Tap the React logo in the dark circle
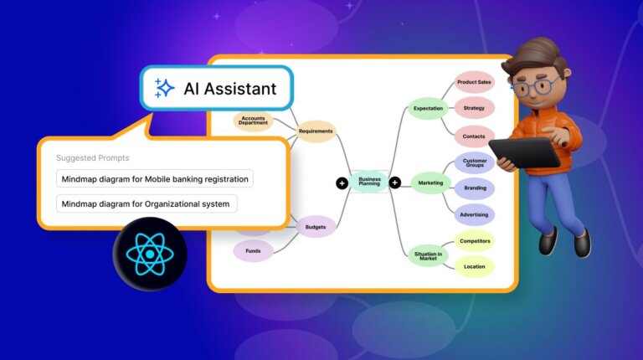coord(150,254)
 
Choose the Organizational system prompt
coord(147,203)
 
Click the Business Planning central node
coord(369,181)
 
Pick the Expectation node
coord(428,108)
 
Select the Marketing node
coord(430,183)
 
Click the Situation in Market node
coord(427,255)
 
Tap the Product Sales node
coord(474,82)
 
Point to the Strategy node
coord(474,108)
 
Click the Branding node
coord(475,189)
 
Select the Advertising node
coord(474,214)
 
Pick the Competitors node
coord(474,241)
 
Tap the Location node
coord(474,267)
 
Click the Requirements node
coord(316,131)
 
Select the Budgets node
coord(316,226)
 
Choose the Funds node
coord(253,250)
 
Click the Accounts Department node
coord(254,121)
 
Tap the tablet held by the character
coord(524,153)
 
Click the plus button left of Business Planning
coord(342,183)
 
